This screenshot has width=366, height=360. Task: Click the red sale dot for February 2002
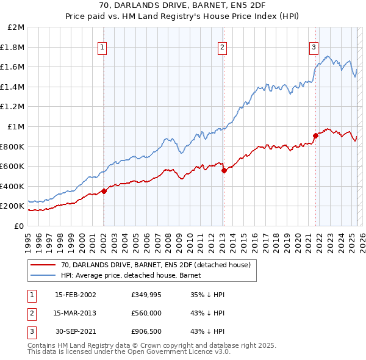(x=104, y=191)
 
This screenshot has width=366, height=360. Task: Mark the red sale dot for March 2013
(x=224, y=170)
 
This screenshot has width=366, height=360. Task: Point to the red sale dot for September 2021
(x=316, y=135)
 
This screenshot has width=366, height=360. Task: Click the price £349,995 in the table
(x=146, y=295)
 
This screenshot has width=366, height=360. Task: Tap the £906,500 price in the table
(x=146, y=331)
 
